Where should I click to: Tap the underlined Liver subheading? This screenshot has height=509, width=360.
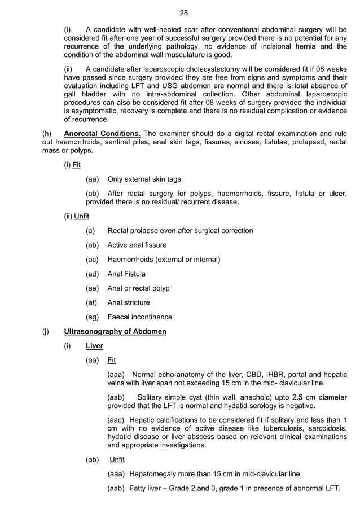[x=94, y=346]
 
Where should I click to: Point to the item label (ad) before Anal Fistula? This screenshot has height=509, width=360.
[x=92, y=274]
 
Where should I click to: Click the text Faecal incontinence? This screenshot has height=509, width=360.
[x=139, y=317]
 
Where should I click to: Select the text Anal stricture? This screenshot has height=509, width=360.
[x=128, y=302]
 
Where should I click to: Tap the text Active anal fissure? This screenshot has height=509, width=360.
[x=137, y=245]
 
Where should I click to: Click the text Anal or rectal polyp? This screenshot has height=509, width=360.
[x=138, y=288]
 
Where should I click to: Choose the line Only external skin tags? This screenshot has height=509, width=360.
[x=145, y=179]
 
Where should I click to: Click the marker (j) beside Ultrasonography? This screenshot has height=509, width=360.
[x=46, y=331]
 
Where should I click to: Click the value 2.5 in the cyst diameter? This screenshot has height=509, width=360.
[x=300, y=397]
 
